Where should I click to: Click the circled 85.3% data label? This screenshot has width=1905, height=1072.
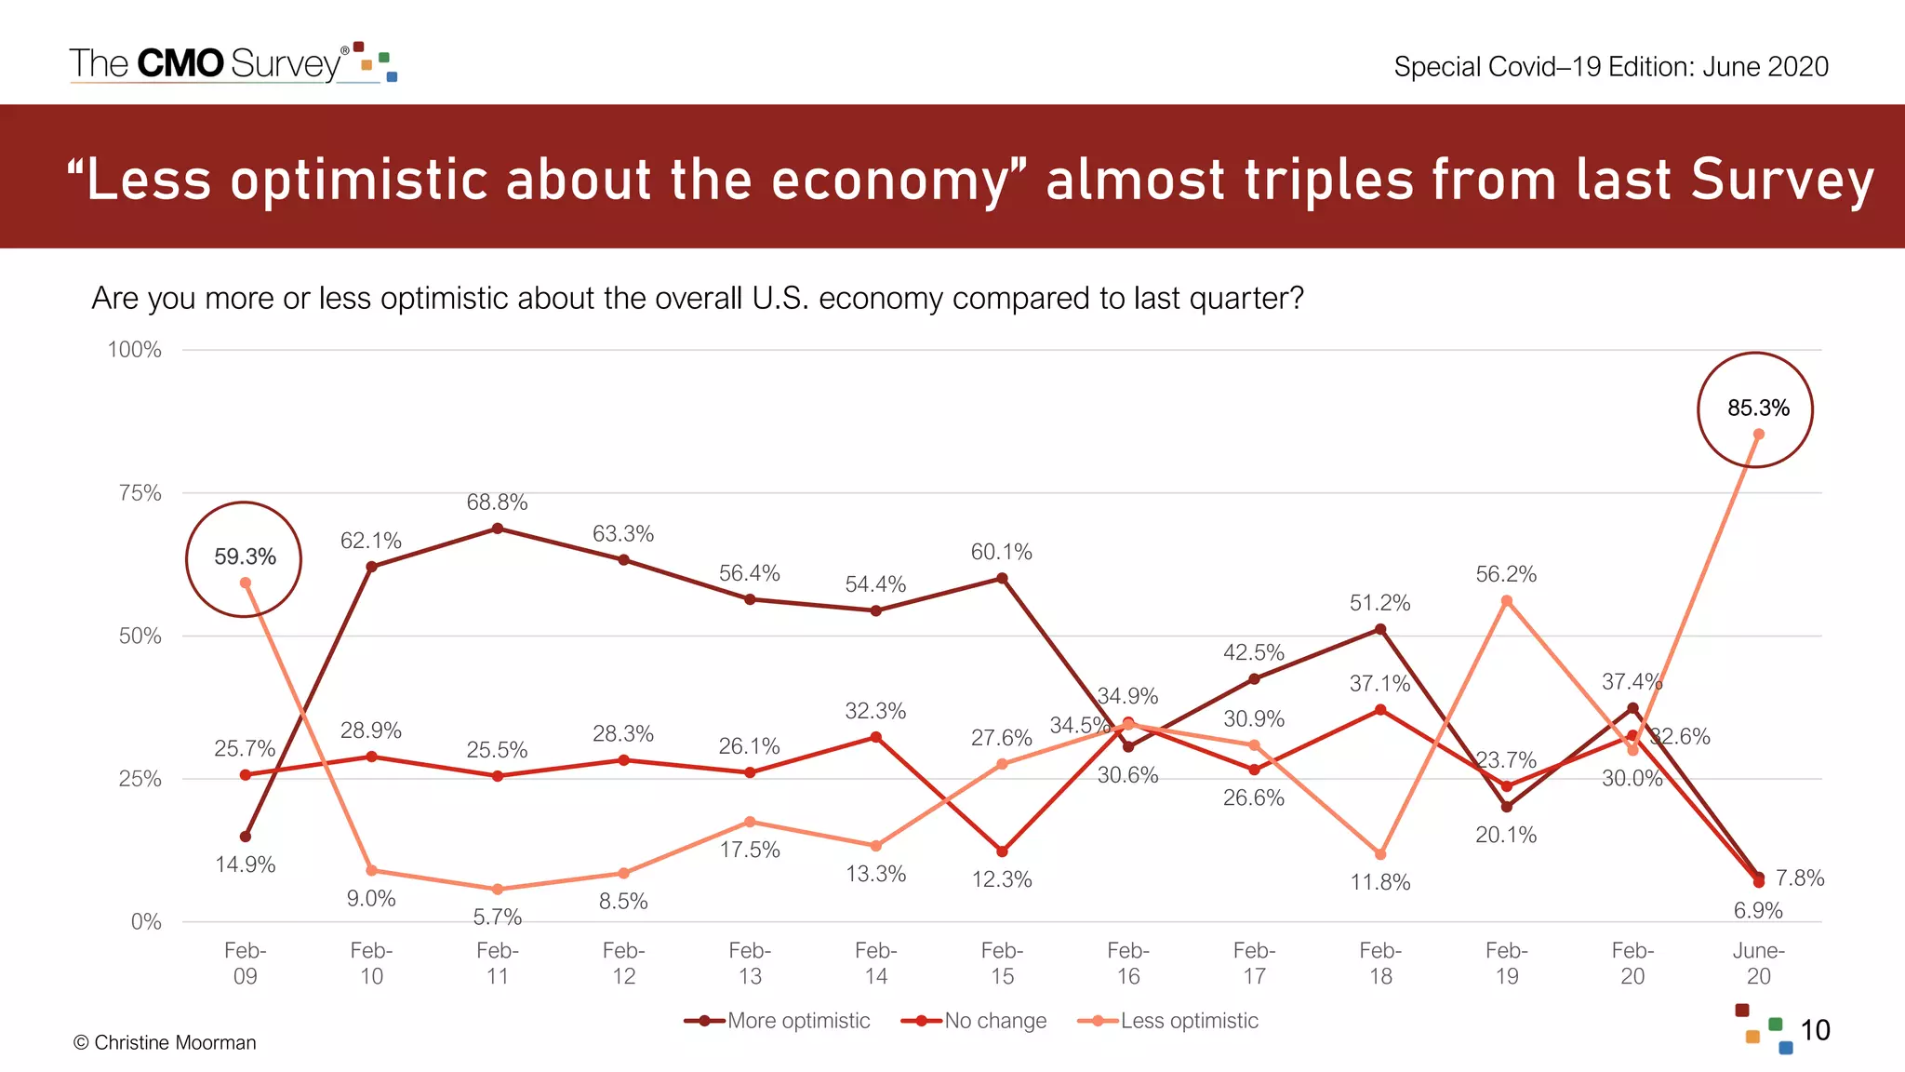[1758, 409]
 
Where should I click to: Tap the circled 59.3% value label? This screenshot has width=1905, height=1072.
[245, 557]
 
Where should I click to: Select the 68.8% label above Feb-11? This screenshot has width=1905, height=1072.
[497, 502]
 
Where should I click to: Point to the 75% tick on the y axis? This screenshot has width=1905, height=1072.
[140, 493]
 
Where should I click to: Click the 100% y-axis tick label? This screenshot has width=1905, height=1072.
[135, 350]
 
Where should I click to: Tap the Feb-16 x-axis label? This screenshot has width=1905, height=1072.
[1128, 963]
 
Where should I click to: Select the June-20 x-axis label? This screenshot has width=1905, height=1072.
[1758, 963]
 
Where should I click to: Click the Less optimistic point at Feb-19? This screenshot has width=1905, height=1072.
[1507, 601]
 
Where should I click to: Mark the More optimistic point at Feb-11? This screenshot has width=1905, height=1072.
[498, 529]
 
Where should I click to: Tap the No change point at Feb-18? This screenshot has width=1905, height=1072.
[1380, 710]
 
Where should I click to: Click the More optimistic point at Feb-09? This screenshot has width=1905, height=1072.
[246, 837]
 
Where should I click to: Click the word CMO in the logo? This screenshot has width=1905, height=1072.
[180, 63]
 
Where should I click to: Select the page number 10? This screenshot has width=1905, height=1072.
[1815, 1030]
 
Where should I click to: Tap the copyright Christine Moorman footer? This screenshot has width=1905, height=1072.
[165, 1042]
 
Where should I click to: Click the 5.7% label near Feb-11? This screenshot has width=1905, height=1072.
[497, 918]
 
